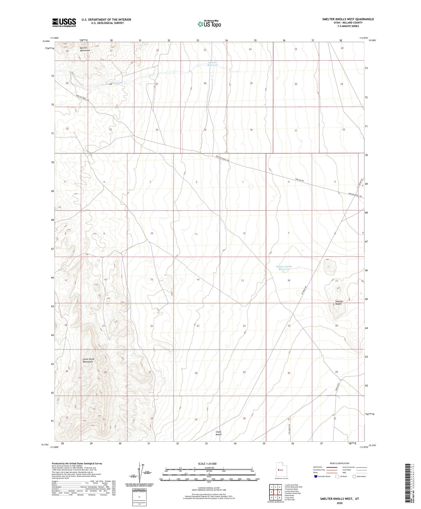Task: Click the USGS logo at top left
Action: [x=64, y=22]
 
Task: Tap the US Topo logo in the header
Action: [x=209, y=24]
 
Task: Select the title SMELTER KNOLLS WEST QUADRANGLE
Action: [x=348, y=19]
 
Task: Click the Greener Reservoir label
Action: [x=213, y=64]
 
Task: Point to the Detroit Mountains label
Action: [x=84, y=49]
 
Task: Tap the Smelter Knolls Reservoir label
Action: [x=284, y=268]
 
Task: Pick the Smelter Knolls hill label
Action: [x=339, y=303]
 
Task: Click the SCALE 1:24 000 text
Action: [x=207, y=464]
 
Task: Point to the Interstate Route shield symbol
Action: [x=316, y=476]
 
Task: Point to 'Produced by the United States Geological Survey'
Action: [x=77, y=464]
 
